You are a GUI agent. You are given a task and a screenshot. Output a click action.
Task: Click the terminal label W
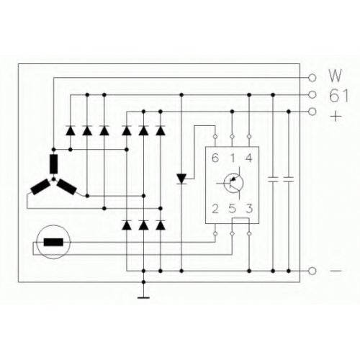pos(336,76)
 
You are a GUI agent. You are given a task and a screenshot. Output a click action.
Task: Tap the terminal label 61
pos(338,96)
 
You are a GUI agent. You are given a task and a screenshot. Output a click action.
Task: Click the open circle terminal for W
pos(312,78)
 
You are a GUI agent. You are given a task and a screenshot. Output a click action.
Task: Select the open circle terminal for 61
pos(312,95)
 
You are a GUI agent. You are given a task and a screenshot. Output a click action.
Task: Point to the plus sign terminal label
pos(336,117)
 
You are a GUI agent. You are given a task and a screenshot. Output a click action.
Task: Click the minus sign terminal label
pos(336,271)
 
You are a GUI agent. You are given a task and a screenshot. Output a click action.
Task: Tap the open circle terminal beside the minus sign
pos(312,271)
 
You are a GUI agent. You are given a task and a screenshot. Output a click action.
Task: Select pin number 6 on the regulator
pos(215,158)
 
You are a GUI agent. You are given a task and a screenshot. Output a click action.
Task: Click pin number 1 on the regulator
pos(233,158)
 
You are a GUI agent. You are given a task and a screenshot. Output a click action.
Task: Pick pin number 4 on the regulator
pos(249,158)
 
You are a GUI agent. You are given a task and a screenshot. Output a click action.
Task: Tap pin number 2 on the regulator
pos(215,209)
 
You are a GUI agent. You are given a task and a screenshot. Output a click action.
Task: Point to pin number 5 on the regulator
pos(232,209)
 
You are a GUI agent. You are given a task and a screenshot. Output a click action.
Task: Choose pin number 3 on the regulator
pos(249,209)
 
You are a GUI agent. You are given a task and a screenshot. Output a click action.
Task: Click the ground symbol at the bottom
pos(143,297)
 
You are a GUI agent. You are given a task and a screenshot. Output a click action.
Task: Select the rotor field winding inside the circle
pos(53,242)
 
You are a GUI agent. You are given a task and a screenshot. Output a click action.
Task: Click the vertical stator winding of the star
pos(53,163)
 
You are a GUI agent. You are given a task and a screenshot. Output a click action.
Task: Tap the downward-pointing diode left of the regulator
pos(181,179)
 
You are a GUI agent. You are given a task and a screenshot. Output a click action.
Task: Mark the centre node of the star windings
pos(53,179)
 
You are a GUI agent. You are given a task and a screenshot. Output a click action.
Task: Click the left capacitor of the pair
pos(273,179)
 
